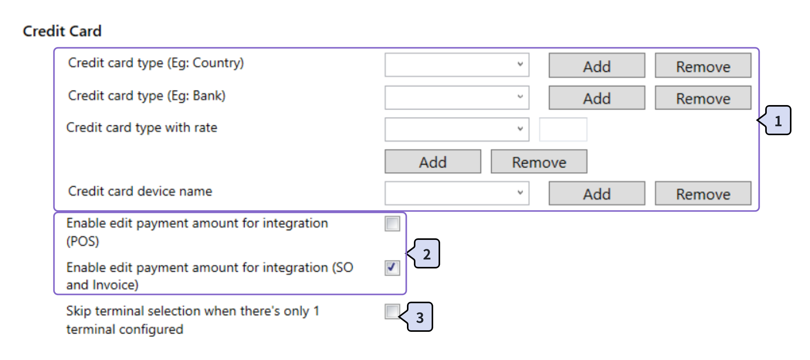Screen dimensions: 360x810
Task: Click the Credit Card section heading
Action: (x=62, y=31)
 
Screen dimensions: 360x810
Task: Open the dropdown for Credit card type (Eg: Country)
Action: (x=457, y=65)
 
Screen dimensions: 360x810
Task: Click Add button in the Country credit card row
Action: (x=596, y=66)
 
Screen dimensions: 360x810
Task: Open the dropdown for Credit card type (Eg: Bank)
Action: (x=457, y=97)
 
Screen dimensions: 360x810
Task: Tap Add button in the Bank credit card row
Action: (x=596, y=98)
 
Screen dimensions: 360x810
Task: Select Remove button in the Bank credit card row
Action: (x=703, y=98)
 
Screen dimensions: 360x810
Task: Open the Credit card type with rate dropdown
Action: (x=457, y=129)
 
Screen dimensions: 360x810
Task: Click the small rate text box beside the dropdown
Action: (x=563, y=129)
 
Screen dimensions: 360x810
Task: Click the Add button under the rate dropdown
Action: (x=433, y=161)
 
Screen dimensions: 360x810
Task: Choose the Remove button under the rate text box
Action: (x=539, y=161)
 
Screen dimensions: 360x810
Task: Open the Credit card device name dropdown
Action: (x=457, y=193)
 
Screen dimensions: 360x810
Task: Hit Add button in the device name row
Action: (x=596, y=194)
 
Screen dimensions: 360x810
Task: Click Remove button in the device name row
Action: (x=703, y=194)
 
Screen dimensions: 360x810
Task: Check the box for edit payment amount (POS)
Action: (x=392, y=224)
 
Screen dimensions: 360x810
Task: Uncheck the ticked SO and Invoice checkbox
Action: (x=392, y=268)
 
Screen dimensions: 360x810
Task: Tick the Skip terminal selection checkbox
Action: (x=392, y=311)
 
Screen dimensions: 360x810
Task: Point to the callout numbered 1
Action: (x=778, y=121)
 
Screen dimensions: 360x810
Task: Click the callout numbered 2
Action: (x=427, y=254)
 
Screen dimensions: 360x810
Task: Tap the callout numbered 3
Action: (x=420, y=317)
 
